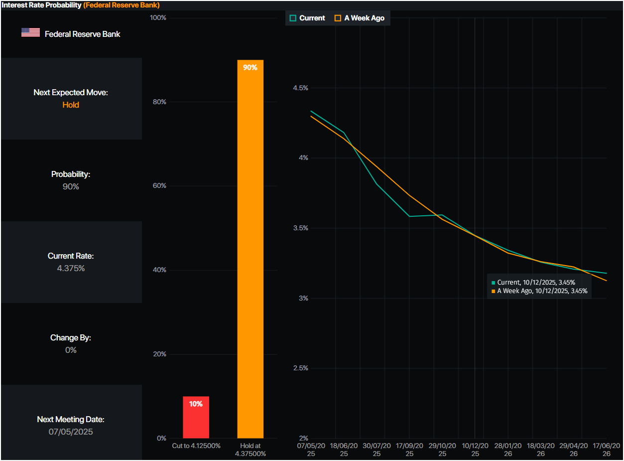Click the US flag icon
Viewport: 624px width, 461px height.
coord(30,33)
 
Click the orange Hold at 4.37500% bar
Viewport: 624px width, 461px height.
coord(250,249)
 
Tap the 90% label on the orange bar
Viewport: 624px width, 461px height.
coord(250,67)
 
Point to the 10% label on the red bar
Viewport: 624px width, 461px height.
coord(196,404)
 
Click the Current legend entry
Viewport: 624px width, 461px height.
coord(307,18)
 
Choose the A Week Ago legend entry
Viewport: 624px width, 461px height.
coord(360,18)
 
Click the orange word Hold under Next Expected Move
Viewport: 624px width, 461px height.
coord(71,105)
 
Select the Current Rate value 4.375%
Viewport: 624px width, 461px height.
coord(71,268)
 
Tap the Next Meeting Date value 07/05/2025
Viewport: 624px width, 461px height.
coord(71,432)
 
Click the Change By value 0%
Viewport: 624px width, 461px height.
coord(71,350)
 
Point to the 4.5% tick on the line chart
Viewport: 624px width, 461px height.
coord(300,88)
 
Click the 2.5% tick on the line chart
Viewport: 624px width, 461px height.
coord(300,368)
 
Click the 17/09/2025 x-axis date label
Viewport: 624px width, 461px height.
coord(409,450)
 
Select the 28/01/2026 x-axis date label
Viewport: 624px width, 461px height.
coord(508,450)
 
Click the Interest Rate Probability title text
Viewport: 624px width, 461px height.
coord(42,5)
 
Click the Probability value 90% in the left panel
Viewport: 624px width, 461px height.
coord(71,186)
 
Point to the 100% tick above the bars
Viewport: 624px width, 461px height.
coord(158,18)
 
